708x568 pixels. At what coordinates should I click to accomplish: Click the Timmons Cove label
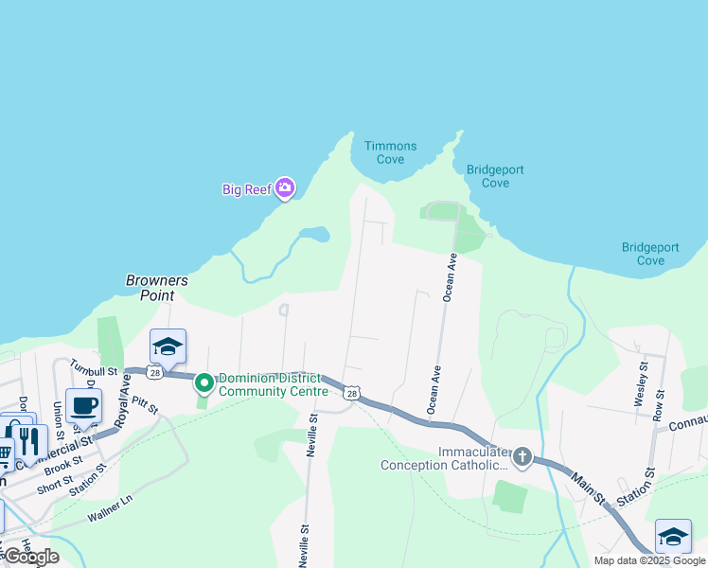[390, 152]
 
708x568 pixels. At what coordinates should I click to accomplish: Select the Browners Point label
[157, 288]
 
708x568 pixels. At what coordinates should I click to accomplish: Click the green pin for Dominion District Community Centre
[204, 383]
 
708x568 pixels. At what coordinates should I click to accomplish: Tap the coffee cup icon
[84, 405]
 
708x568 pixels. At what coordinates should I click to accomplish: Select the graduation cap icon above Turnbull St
[168, 346]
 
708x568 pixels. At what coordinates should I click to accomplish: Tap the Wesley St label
[643, 382]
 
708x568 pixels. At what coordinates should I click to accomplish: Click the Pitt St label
[145, 405]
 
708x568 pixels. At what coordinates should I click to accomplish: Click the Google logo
[31, 557]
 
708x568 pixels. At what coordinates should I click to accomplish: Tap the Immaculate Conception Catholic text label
[441, 458]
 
